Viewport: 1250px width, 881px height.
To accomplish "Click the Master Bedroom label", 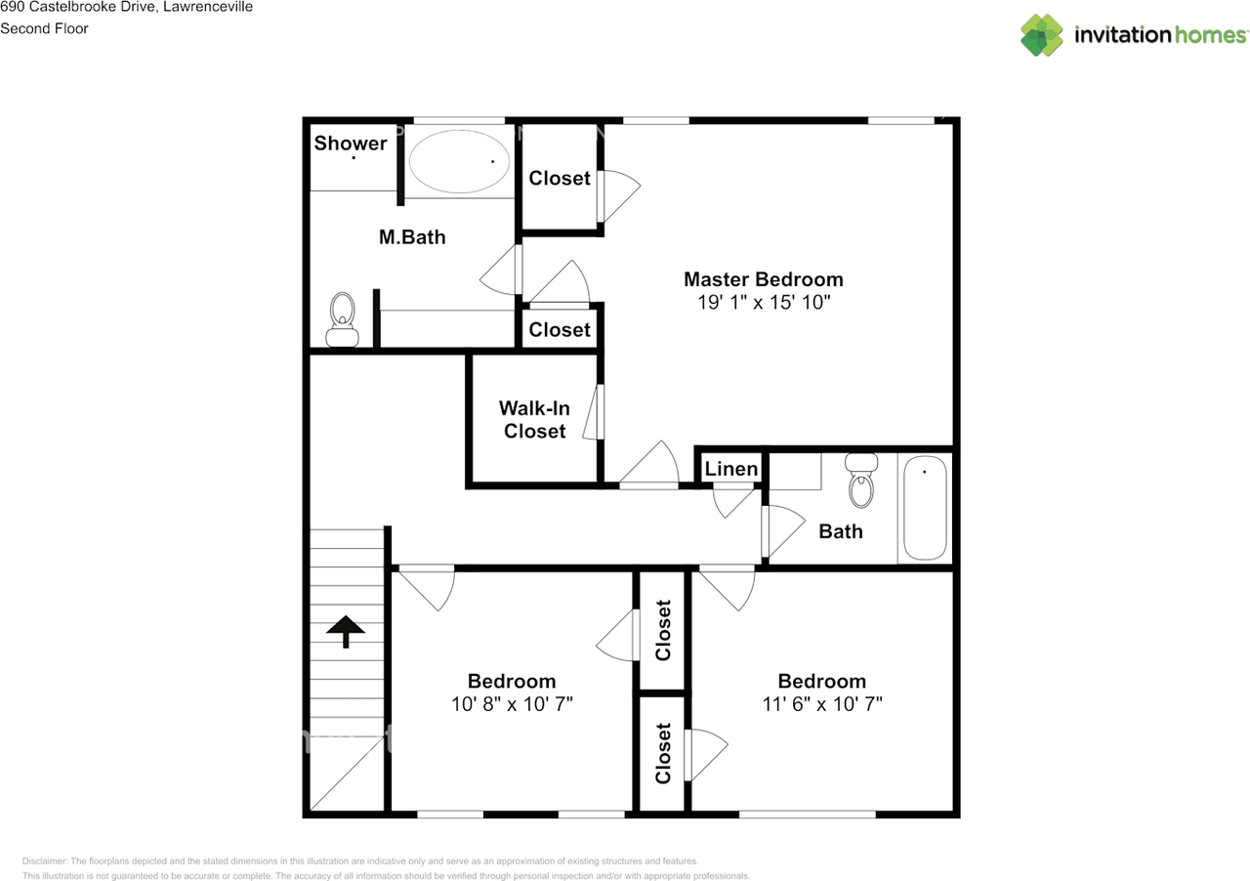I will coord(763,279).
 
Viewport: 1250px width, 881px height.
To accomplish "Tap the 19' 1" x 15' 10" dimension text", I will coord(763,303).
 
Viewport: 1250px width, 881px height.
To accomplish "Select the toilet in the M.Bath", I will coord(342,320).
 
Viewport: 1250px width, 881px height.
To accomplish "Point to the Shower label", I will coord(350,144).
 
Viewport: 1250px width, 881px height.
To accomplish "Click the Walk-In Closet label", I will coord(534,420).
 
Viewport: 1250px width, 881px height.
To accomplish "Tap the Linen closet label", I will coord(731,469).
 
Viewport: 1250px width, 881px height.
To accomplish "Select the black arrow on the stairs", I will coord(345,631).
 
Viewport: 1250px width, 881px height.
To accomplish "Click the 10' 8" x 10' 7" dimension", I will coord(512,704).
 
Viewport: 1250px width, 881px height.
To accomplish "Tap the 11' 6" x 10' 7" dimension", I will coord(821,704).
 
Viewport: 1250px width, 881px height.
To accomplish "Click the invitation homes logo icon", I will coord(1042,35).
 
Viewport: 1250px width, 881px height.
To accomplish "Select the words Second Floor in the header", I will coord(44,28).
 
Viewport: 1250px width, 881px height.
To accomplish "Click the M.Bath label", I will coord(412,236).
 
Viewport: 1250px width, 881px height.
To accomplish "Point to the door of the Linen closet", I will coord(734,499).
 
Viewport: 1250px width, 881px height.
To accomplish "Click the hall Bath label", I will coord(840,531).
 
